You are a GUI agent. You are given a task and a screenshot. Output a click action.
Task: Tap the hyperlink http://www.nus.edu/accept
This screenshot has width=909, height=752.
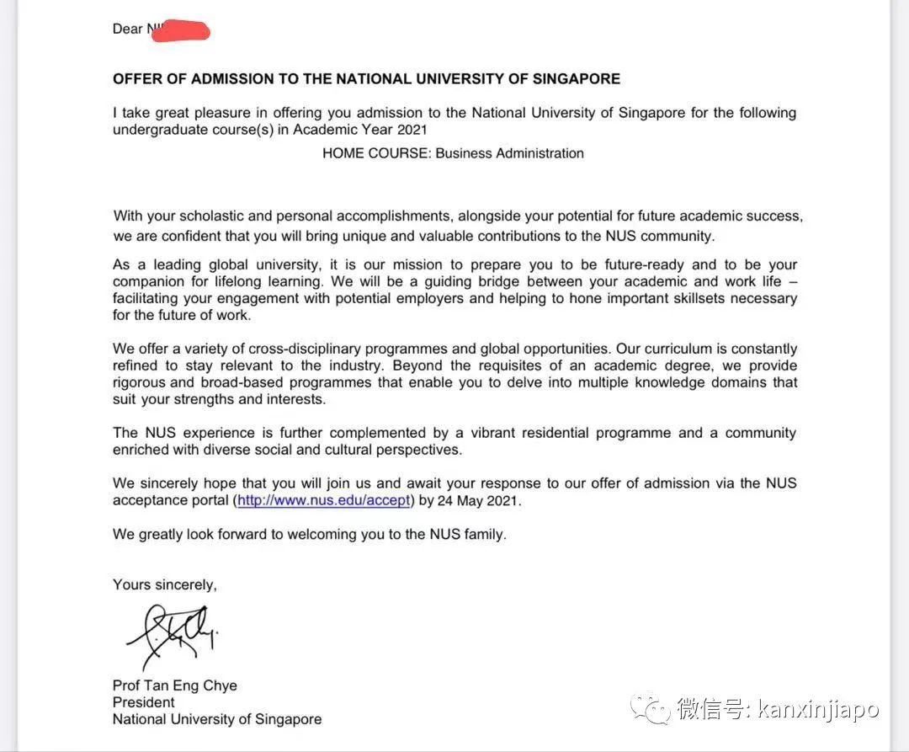pos(324,500)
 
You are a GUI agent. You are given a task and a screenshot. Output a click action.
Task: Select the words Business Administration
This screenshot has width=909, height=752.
pos(509,153)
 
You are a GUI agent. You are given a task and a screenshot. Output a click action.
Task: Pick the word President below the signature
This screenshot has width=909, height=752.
pos(144,702)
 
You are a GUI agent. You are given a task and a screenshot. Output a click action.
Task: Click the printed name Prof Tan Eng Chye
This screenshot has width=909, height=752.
pos(175,685)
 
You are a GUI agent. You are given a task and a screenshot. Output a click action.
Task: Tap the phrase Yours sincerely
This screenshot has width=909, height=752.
pos(165,584)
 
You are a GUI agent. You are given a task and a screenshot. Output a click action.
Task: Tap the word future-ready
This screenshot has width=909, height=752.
pos(630,264)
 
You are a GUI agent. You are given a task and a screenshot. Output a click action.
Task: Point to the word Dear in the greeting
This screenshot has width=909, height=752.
pos(128,29)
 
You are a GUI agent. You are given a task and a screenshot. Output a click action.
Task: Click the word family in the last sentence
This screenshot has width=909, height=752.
pos(485,534)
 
